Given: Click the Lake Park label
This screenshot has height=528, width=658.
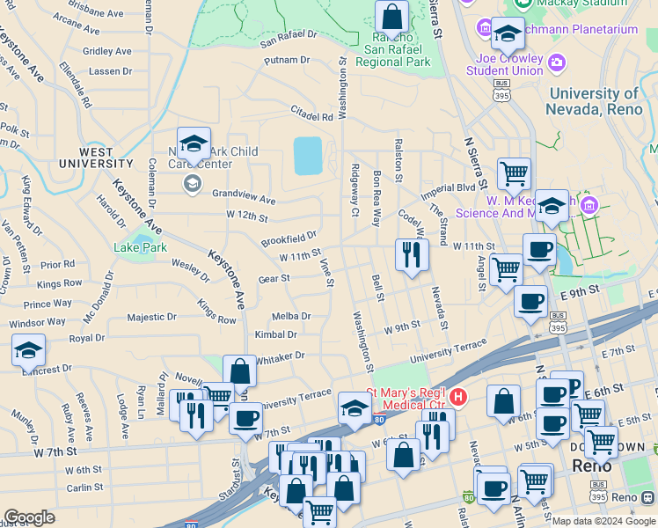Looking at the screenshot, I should coord(140,247).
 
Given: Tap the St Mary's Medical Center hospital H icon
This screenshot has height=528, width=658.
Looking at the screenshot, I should coord(457,398).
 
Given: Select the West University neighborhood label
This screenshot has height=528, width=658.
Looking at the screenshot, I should coord(96,157).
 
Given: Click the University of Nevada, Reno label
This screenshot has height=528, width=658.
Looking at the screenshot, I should coord(594,101).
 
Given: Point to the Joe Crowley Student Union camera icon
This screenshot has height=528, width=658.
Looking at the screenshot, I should coord(556,62).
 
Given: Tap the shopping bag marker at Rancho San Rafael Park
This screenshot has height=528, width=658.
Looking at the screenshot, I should coord(391,17).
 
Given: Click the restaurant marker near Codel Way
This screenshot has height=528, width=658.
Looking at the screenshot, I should coord(412,255).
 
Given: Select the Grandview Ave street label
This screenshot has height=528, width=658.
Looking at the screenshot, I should coord(244,199).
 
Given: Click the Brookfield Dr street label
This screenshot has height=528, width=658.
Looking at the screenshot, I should coord(289,238).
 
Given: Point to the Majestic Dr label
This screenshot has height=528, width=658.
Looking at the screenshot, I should coord(152,317).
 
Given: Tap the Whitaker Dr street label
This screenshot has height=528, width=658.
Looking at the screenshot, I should coord(281,356).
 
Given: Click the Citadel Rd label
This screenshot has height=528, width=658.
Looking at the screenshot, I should coord(311,114).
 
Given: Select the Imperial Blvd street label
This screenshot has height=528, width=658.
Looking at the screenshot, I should coord(448,188).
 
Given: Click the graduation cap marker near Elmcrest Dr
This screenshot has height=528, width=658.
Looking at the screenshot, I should coord(28,351).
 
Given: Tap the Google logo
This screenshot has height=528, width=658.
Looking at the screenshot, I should coord(30,517).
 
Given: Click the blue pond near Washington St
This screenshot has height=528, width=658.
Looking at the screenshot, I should coord(308,156).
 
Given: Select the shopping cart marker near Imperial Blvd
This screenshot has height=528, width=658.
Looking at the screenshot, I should coord(514,173).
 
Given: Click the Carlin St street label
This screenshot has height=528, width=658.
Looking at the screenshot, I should coord(84,487).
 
